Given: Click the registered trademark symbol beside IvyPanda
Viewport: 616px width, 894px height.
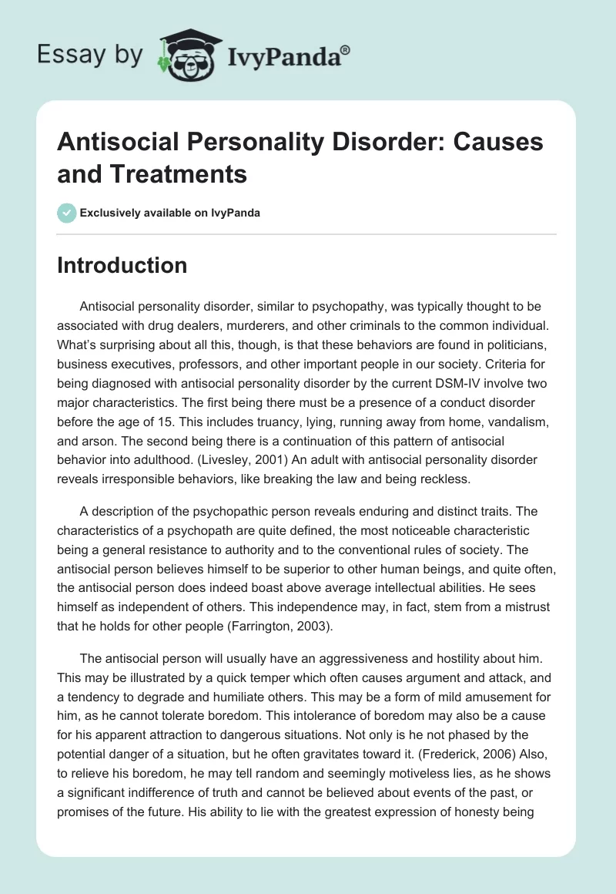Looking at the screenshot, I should click(x=346, y=49).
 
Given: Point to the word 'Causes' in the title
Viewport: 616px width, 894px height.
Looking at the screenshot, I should click(x=489, y=143).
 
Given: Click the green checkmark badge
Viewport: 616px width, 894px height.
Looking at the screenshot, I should click(x=66, y=213).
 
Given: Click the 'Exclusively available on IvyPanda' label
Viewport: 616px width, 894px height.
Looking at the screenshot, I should click(x=170, y=213).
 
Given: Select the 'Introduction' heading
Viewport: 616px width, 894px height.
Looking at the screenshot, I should click(x=122, y=265).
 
